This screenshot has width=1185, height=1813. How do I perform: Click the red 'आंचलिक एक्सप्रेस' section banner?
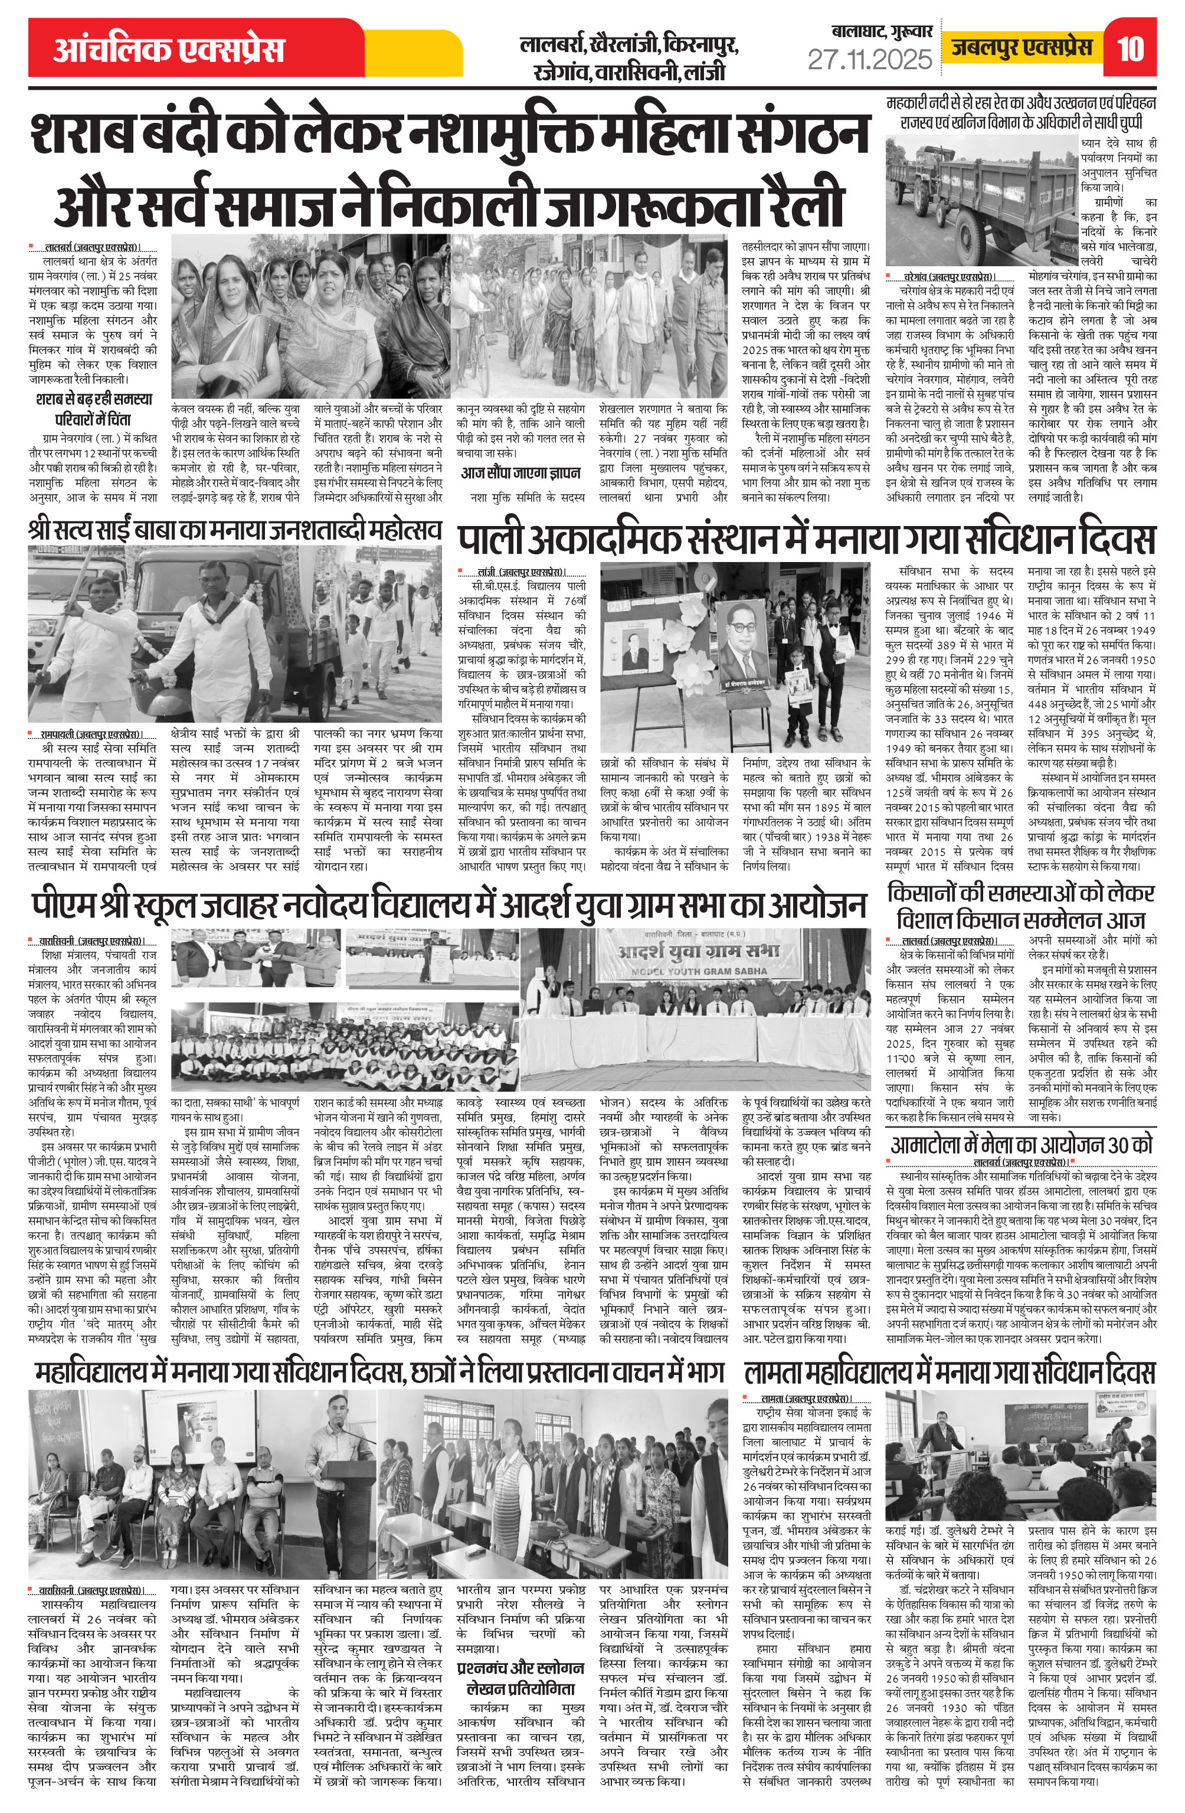[x=169, y=49]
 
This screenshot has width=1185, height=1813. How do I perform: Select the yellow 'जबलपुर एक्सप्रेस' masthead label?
[x=1022, y=47]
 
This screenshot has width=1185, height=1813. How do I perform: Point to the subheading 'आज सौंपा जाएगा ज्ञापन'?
[x=520, y=473]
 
